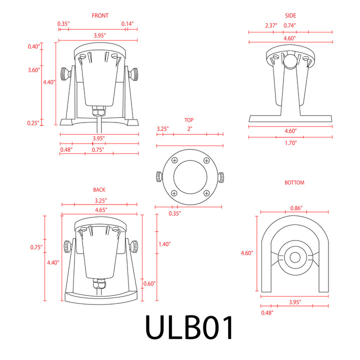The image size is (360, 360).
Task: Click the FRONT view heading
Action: tap(100, 16)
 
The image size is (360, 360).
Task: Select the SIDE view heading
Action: tap(290, 16)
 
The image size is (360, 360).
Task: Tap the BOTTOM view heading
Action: tap(294, 183)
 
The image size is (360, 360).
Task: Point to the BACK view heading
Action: tap(99, 190)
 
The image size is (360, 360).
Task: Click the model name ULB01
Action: tap(189, 328)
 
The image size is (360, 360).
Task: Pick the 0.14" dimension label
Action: tap(127, 24)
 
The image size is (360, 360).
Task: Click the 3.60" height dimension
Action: tap(34, 70)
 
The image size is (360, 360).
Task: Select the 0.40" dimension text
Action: tap(34, 47)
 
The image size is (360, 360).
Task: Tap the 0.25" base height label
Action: tap(34, 123)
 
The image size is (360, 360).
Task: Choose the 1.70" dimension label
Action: tap(290, 143)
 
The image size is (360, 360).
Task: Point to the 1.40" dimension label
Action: tap(164, 244)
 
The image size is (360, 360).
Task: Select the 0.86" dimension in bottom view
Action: tap(297, 208)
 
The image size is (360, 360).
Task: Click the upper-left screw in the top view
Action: tap(174, 160)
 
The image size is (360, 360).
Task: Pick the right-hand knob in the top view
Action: tap(220, 177)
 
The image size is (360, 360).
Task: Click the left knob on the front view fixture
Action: tap(65, 74)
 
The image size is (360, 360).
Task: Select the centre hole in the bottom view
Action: tap(294, 257)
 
